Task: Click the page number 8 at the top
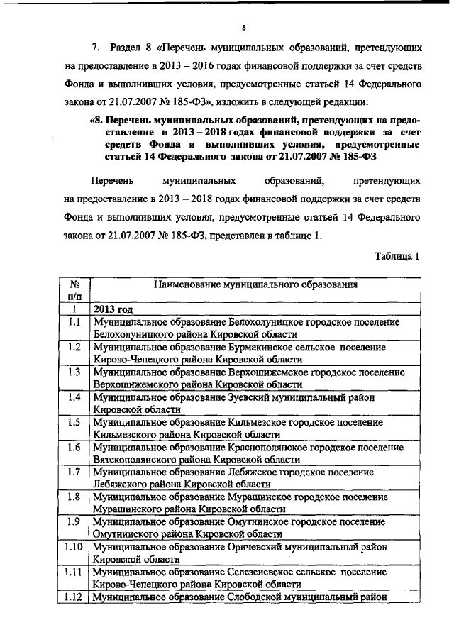[x=243, y=28]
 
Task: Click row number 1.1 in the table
[x=73, y=322]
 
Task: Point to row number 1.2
[x=73, y=347]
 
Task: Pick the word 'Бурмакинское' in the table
[x=263, y=348]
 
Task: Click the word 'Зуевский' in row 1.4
[x=251, y=397]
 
